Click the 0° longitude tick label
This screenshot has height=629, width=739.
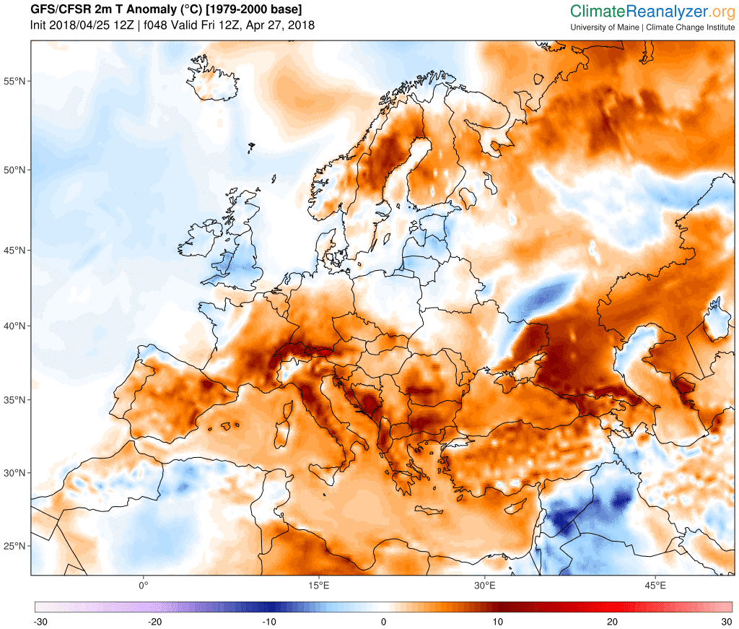click(143, 584)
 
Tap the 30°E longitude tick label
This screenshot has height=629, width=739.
click(484, 584)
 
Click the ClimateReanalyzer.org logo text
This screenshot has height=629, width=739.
click(652, 12)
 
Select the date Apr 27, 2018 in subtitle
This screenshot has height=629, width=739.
click(281, 25)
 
